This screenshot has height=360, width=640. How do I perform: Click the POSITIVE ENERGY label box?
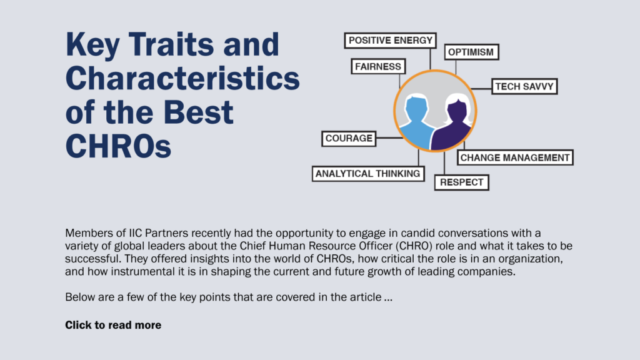pyautogui.click(x=390, y=41)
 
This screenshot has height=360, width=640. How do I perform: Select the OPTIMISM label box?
pyautogui.click(x=471, y=52)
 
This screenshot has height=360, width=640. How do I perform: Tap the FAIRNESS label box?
pyautogui.click(x=378, y=66)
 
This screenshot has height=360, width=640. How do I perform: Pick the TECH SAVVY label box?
pyautogui.click(x=524, y=86)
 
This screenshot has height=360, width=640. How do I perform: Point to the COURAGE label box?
pyautogui.click(x=349, y=138)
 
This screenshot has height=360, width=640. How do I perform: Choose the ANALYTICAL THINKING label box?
pyautogui.click(x=368, y=174)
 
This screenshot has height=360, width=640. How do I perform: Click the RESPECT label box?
pyautogui.click(x=462, y=182)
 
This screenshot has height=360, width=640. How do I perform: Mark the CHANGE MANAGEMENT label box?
pyautogui.click(x=515, y=157)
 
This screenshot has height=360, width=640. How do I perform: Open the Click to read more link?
pyautogui.click(x=113, y=325)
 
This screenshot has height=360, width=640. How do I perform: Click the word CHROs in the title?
pyautogui.click(x=118, y=146)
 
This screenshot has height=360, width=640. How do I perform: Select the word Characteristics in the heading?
pyautogui.click(x=182, y=78)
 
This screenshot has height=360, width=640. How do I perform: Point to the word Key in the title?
pyautogui.click(x=91, y=46)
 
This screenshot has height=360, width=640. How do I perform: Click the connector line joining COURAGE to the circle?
pyautogui.click(x=389, y=138)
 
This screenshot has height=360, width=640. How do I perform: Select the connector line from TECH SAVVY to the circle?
pyautogui.click(x=481, y=89)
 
